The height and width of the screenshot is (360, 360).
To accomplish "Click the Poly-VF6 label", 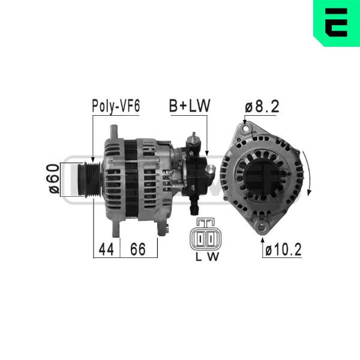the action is [x=116, y=106].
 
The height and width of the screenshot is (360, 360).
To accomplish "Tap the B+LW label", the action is [x=190, y=106].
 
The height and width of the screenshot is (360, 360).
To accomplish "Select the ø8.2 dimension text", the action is [x=262, y=107].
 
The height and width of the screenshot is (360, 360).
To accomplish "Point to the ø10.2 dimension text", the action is [x=283, y=250].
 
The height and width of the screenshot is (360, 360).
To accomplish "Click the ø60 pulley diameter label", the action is [x=53, y=179].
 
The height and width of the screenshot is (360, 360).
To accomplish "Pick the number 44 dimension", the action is [x=106, y=250].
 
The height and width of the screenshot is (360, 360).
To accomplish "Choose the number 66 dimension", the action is [x=138, y=249].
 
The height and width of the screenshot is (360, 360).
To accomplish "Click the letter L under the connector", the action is [x=199, y=257].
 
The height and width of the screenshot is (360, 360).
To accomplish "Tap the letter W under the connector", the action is [x=214, y=257].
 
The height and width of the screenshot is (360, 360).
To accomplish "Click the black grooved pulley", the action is [x=89, y=179].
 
